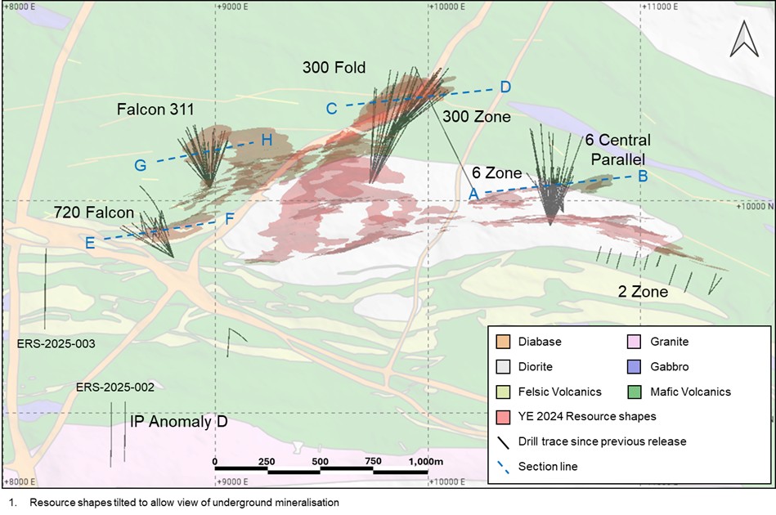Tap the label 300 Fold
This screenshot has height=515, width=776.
tap(334, 67)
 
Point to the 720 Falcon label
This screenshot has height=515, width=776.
tap(93, 213)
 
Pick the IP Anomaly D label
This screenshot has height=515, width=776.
tap(178, 422)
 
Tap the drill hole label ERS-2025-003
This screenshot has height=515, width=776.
tap(56, 344)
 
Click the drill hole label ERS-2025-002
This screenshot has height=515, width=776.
tap(114, 387)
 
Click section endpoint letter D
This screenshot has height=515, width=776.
tap(505, 87)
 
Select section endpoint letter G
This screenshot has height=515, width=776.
tap(141, 165)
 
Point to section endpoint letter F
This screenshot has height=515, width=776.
tap(230, 218)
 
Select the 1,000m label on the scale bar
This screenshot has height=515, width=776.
tap(425, 462)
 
